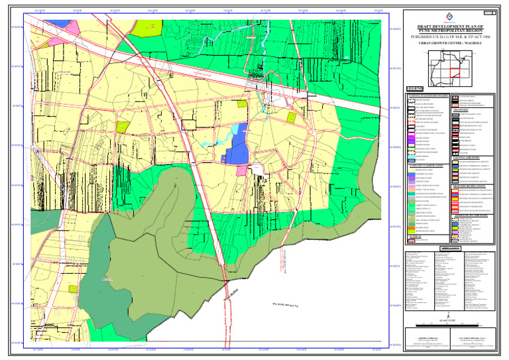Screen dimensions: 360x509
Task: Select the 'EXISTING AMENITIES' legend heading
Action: tap(470, 156)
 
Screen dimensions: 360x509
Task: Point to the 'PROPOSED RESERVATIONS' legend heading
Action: tap(473, 186)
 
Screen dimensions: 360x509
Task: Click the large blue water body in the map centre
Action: tap(237, 145)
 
